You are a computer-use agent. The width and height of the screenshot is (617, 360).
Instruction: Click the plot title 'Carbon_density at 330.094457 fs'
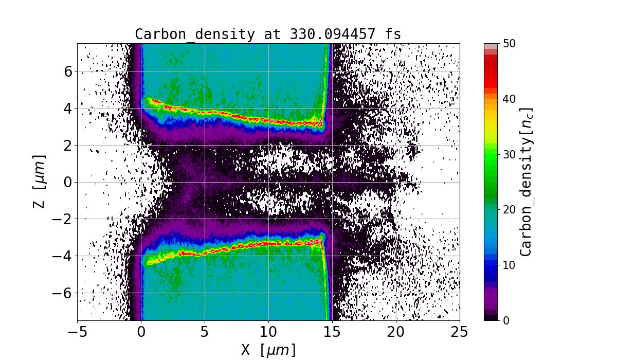click(x=268, y=34)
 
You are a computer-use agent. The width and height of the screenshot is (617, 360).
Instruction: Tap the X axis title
click(x=268, y=350)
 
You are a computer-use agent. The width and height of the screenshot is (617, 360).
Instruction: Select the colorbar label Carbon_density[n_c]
click(x=525, y=182)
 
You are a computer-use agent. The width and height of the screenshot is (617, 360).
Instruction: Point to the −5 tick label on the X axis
click(x=77, y=333)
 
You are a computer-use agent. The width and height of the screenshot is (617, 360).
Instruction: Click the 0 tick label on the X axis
click(x=141, y=333)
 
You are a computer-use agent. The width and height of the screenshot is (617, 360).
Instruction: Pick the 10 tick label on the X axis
click(x=268, y=333)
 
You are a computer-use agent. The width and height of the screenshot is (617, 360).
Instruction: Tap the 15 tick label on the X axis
click(x=332, y=333)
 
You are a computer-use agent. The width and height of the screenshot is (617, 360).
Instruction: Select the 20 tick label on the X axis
click(x=396, y=333)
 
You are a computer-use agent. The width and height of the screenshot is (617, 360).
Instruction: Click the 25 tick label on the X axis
click(x=460, y=333)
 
